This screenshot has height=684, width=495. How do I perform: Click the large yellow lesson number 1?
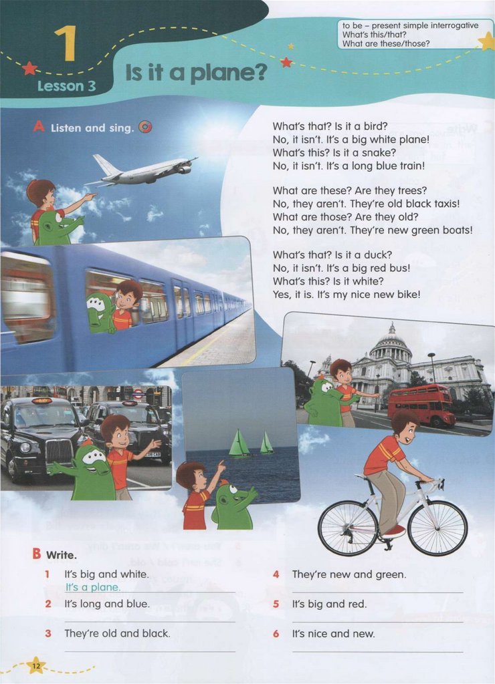(66, 43)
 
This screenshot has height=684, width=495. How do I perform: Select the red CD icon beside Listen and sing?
(145, 127)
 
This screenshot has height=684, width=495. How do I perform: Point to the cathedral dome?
(391, 344)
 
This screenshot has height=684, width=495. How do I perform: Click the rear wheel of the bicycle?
(348, 528)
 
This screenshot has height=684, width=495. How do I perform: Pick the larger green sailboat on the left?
(239, 444)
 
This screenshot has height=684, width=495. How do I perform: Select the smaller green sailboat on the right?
(266, 443)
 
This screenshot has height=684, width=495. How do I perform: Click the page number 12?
(36, 666)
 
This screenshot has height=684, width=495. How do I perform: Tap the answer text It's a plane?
(92, 587)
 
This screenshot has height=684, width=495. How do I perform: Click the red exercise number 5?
(276, 604)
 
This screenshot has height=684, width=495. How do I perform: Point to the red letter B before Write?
(37, 554)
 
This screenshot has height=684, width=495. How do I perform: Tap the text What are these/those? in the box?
(386, 43)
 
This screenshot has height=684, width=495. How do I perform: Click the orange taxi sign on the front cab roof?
(42, 401)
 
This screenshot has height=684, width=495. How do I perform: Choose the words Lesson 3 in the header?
(66, 86)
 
